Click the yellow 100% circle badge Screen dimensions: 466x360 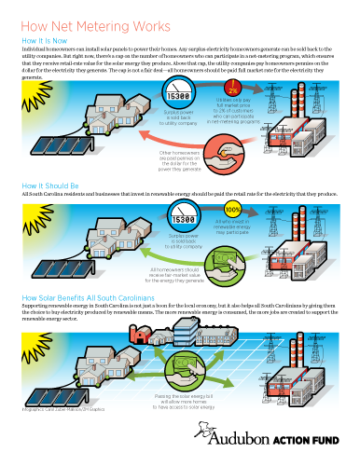click(x=233, y=209)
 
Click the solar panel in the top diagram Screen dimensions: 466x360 click(x=55, y=150)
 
